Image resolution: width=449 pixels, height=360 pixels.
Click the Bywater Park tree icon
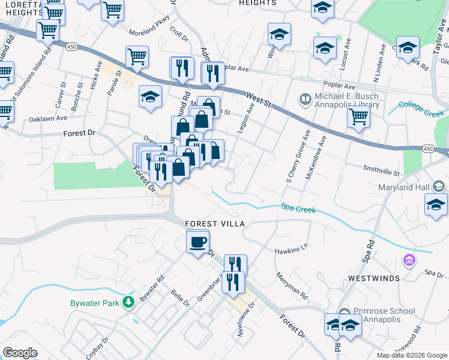click(127, 302)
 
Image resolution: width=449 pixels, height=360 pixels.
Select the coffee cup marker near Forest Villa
click(197, 242)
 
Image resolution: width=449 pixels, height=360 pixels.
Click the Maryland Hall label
click(403, 188)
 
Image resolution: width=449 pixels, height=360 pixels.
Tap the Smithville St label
click(381, 172)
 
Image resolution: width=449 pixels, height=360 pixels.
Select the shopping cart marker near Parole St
click(137, 57)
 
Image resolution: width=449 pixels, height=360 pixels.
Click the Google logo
click(20, 353)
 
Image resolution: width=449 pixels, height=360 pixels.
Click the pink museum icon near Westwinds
click(409, 261)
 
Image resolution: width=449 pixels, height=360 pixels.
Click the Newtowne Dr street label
click(246, 319)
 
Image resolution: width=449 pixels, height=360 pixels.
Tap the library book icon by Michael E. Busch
click(306, 98)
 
